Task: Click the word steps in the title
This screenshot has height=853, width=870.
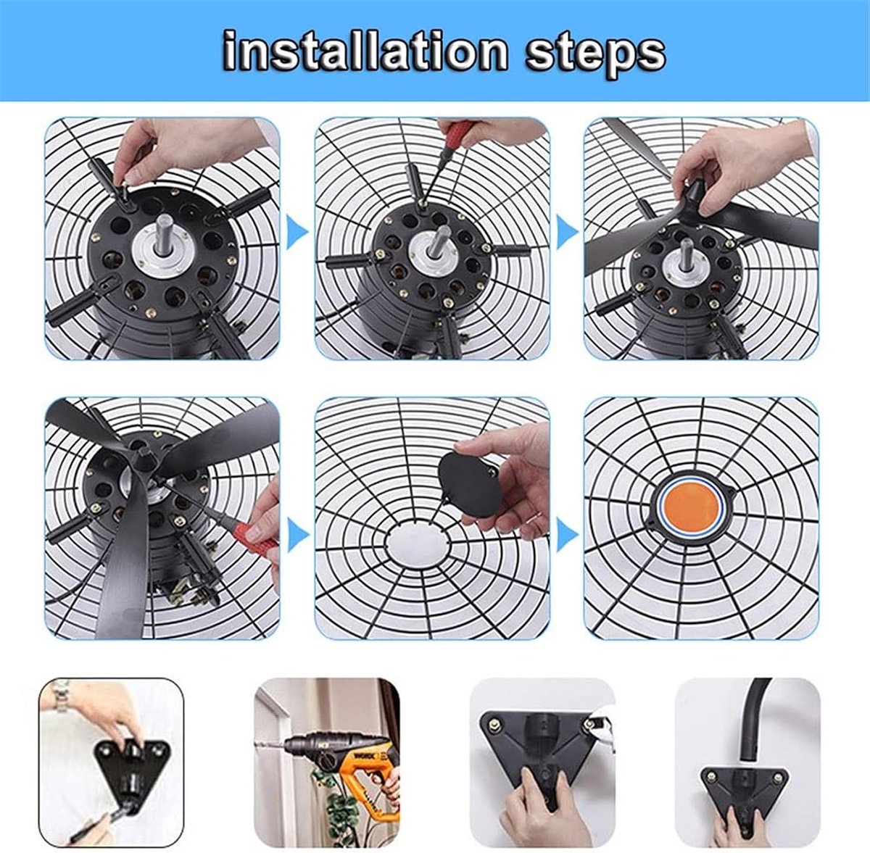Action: coord(594,56)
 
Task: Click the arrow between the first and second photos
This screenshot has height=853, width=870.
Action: coord(297,233)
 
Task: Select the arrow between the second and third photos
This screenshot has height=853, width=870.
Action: coord(567,233)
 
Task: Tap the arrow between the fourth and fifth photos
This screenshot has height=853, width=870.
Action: coord(298,536)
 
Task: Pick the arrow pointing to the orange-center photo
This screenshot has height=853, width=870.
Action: coord(567,536)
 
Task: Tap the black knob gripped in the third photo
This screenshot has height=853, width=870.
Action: coord(693,196)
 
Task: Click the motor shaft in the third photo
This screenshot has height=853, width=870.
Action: coord(687,256)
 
